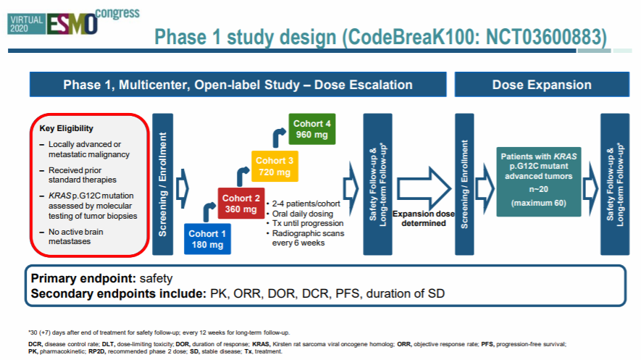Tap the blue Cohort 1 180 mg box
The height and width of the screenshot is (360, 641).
click(209, 238)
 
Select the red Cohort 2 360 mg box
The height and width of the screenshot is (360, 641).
click(241, 204)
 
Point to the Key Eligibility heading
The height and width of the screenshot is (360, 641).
click(66, 128)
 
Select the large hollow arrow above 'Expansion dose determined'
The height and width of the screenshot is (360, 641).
click(423, 185)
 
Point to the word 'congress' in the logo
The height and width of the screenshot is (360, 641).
click(119, 12)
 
